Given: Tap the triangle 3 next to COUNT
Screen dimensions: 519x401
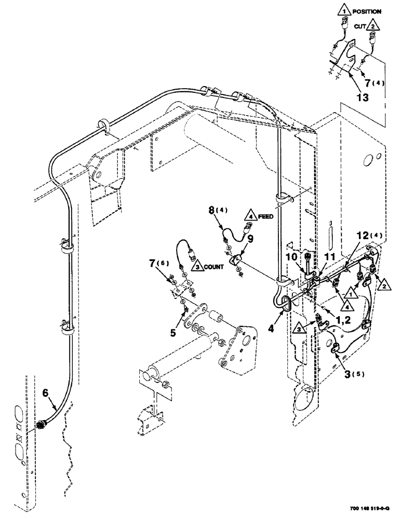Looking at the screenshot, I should (x=198, y=267).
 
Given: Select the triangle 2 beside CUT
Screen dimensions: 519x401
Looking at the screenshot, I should (x=374, y=24).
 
